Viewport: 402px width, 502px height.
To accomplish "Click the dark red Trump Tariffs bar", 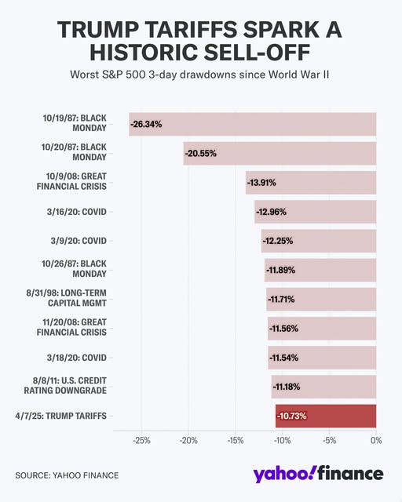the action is pos(326,416).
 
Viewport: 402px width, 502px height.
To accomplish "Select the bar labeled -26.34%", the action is pos(253,124).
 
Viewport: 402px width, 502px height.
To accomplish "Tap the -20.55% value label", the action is pos(201,154).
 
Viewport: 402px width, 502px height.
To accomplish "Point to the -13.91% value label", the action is pos(261,183).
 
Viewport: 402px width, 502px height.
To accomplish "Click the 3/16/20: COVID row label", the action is pos(77,212).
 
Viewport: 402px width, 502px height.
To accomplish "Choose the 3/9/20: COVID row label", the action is pos(79,241).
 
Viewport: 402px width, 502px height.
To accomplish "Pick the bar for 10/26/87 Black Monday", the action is pos(320,270).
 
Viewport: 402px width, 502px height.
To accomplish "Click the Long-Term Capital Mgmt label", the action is pos(67,298).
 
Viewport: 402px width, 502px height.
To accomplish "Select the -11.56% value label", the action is pos(283,329).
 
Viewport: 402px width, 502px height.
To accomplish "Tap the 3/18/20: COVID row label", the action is pos(77,358).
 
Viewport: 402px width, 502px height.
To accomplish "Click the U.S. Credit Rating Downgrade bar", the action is pos(323,387).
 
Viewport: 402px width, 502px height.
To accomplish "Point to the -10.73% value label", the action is pos(292,416).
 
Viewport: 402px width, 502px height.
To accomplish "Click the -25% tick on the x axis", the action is pos(141,441).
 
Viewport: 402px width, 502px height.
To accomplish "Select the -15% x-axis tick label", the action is pos(236,441).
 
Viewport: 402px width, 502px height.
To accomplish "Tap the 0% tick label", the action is pos(376,441).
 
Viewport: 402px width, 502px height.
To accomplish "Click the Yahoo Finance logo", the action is pos(318,474).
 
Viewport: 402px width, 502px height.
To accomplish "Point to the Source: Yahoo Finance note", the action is pos(67,475).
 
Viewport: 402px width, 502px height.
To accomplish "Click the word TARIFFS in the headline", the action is pos(192,30).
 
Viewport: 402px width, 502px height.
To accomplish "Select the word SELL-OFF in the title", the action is pos(257,53).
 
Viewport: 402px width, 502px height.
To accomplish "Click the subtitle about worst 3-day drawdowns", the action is pos(199,75).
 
